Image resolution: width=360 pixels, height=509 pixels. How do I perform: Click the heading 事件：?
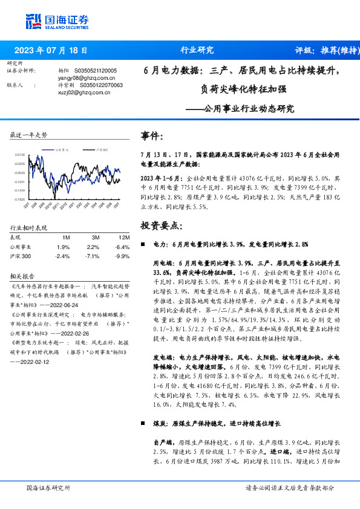pyautogui.click(x=151, y=136)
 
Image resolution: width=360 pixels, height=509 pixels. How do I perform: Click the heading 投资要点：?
pyautogui.click(x=160, y=225)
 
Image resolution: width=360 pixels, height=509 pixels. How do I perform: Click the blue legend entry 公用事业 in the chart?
pyautogui.click(x=65, y=149)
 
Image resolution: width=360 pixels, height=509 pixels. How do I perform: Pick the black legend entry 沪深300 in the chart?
pyautogui.click(x=102, y=149)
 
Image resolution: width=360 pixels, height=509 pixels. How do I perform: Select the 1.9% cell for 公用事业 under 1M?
pyautogui.click(x=63, y=247)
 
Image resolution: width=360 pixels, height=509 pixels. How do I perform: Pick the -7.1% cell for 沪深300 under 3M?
pyautogui.click(x=93, y=256)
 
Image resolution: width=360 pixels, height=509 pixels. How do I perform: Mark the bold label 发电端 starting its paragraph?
pyautogui.click(x=151, y=357)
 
